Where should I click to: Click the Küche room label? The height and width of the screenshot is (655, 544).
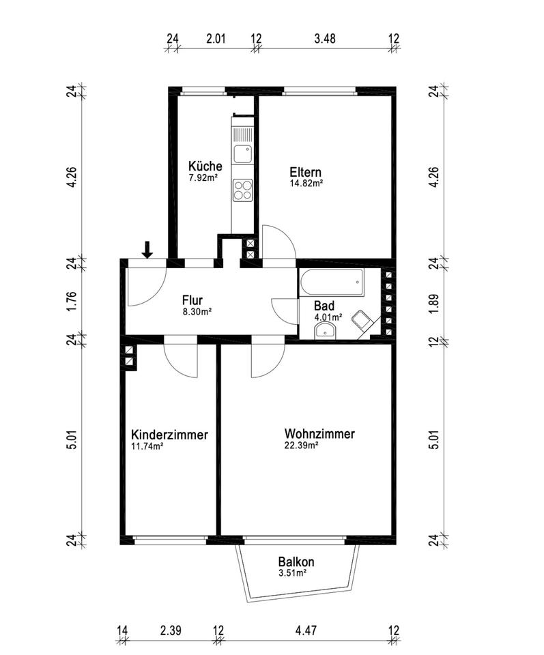pyautogui.click(x=205, y=166)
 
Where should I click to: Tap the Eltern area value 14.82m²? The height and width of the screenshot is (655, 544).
pyautogui.click(x=306, y=183)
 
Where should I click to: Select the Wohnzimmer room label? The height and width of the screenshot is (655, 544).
pyautogui.click(x=319, y=434)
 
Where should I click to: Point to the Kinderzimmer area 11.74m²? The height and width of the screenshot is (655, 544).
pyautogui.click(x=147, y=446)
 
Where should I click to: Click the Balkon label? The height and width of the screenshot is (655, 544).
pyautogui.click(x=296, y=562)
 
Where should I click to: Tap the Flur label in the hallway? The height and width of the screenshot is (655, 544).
pyautogui.click(x=192, y=300)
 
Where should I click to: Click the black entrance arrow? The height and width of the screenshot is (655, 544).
pyautogui.click(x=147, y=250)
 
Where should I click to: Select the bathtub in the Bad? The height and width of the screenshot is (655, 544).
pyautogui.click(x=331, y=282)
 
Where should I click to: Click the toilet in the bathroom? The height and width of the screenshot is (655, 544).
pyautogui.click(x=363, y=321)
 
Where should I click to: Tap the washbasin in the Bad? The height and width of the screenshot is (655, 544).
pyautogui.click(x=326, y=330)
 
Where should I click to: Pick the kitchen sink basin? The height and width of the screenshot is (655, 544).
pyautogui.click(x=242, y=154)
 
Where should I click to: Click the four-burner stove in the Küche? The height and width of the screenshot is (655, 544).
pyautogui.click(x=243, y=190)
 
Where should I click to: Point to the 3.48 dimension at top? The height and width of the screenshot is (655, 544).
pyautogui.click(x=325, y=38)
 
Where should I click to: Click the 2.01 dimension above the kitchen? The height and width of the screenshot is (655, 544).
pyautogui.click(x=216, y=38)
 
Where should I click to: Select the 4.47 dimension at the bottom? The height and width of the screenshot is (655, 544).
pyautogui.click(x=306, y=630)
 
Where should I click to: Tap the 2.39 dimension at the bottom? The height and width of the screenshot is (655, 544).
pyautogui.click(x=171, y=630)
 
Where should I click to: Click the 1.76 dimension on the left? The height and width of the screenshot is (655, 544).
pyautogui.click(x=72, y=300)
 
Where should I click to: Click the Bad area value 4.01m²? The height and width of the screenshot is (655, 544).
pyautogui.click(x=328, y=317)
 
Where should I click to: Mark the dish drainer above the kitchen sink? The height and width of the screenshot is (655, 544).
pyautogui.click(x=243, y=134)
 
